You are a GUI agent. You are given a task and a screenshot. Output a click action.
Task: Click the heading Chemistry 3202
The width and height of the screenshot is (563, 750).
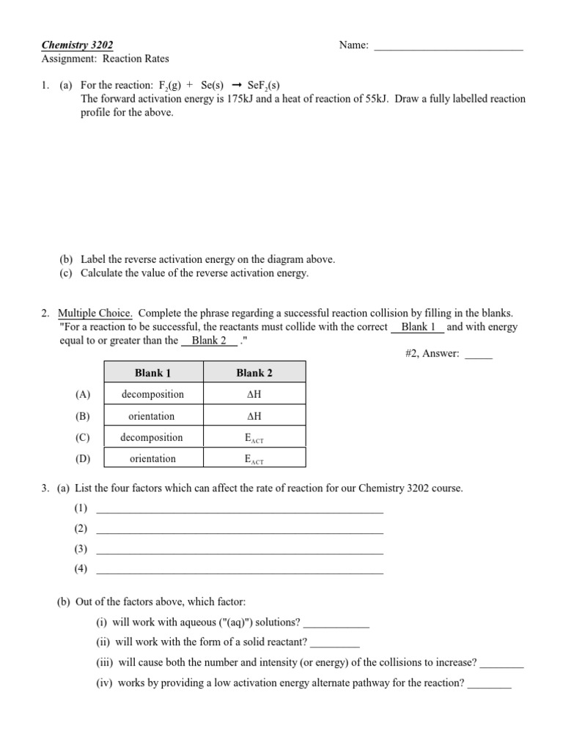(78, 45)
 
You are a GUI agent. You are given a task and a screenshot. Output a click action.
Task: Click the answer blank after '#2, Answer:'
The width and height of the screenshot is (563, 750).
(479, 355)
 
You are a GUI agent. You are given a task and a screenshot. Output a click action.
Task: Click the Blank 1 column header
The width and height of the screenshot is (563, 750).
(152, 373)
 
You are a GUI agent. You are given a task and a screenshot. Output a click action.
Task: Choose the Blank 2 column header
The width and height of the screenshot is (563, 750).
(254, 373)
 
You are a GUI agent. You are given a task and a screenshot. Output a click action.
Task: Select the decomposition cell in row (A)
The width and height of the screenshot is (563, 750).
(152, 394)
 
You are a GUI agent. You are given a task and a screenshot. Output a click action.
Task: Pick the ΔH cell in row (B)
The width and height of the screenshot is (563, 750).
(254, 416)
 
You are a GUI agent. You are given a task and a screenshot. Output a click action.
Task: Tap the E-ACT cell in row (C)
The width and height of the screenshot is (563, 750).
(254, 438)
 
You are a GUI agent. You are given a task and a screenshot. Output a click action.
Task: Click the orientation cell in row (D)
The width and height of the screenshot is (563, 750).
(152, 459)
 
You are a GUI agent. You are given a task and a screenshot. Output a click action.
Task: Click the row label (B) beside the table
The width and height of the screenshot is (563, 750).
(82, 416)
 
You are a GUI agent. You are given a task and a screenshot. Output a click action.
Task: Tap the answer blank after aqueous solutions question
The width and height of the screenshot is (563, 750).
(336, 625)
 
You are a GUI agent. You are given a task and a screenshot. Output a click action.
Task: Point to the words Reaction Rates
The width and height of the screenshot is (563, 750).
(136, 59)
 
